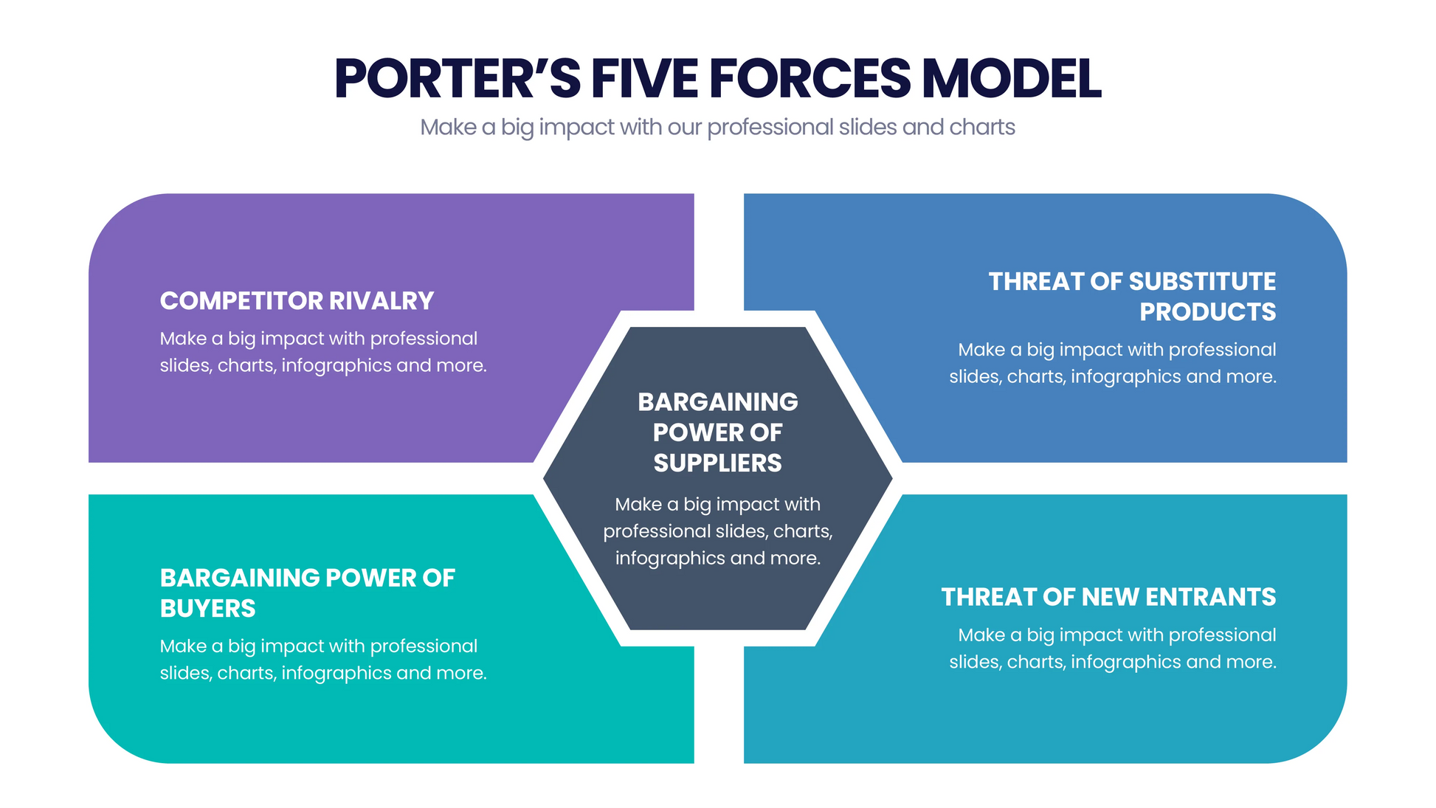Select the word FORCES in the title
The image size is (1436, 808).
tap(810, 78)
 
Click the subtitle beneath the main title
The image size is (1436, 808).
tap(717, 127)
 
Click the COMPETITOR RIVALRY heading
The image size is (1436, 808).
tap(297, 301)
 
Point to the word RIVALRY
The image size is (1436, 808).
tap(381, 301)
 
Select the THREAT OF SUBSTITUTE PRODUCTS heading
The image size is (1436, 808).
tap(1132, 296)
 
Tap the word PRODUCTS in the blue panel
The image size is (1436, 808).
tap(1207, 312)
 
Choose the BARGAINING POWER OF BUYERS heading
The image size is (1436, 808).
tap(307, 593)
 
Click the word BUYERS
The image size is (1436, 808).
tap(207, 609)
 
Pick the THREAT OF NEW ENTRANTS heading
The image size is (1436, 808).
tap(1108, 597)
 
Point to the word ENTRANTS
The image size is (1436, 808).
tap(1210, 597)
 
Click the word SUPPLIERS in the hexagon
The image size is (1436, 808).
tap(717, 463)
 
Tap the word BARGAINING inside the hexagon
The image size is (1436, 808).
tap(717, 402)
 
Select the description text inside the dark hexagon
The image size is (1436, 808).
tap(717, 531)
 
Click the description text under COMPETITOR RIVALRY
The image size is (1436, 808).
tap(322, 352)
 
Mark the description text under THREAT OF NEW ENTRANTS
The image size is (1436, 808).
tap(1112, 649)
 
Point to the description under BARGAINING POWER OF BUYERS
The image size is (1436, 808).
tap(322, 660)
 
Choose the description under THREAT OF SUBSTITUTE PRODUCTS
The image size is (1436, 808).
tap(1112, 363)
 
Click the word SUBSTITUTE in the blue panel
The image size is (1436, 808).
tap(1201, 281)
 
